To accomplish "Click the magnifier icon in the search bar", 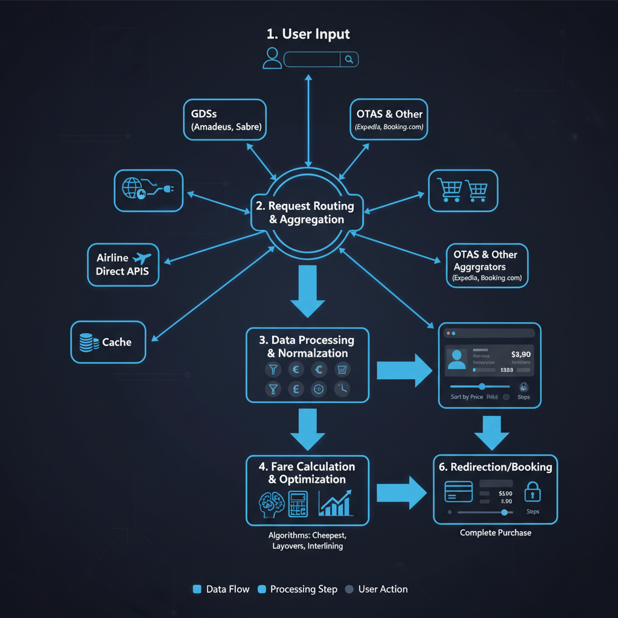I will (x=349, y=59).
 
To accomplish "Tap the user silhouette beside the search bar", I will (x=272, y=58).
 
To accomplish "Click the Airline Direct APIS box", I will (x=123, y=264).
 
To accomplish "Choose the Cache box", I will (x=108, y=342).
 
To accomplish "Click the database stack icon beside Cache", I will (x=88, y=343).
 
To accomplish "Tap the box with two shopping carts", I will (x=463, y=191).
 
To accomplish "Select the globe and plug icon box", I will (x=148, y=190).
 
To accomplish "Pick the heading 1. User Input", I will (x=309, y=34).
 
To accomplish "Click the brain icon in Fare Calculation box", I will (x=270, y=503).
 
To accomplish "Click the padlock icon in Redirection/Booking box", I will (x=532, y=492).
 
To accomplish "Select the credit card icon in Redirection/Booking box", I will (x=459, y=491).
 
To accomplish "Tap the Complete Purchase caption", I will (x=495, y=533).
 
